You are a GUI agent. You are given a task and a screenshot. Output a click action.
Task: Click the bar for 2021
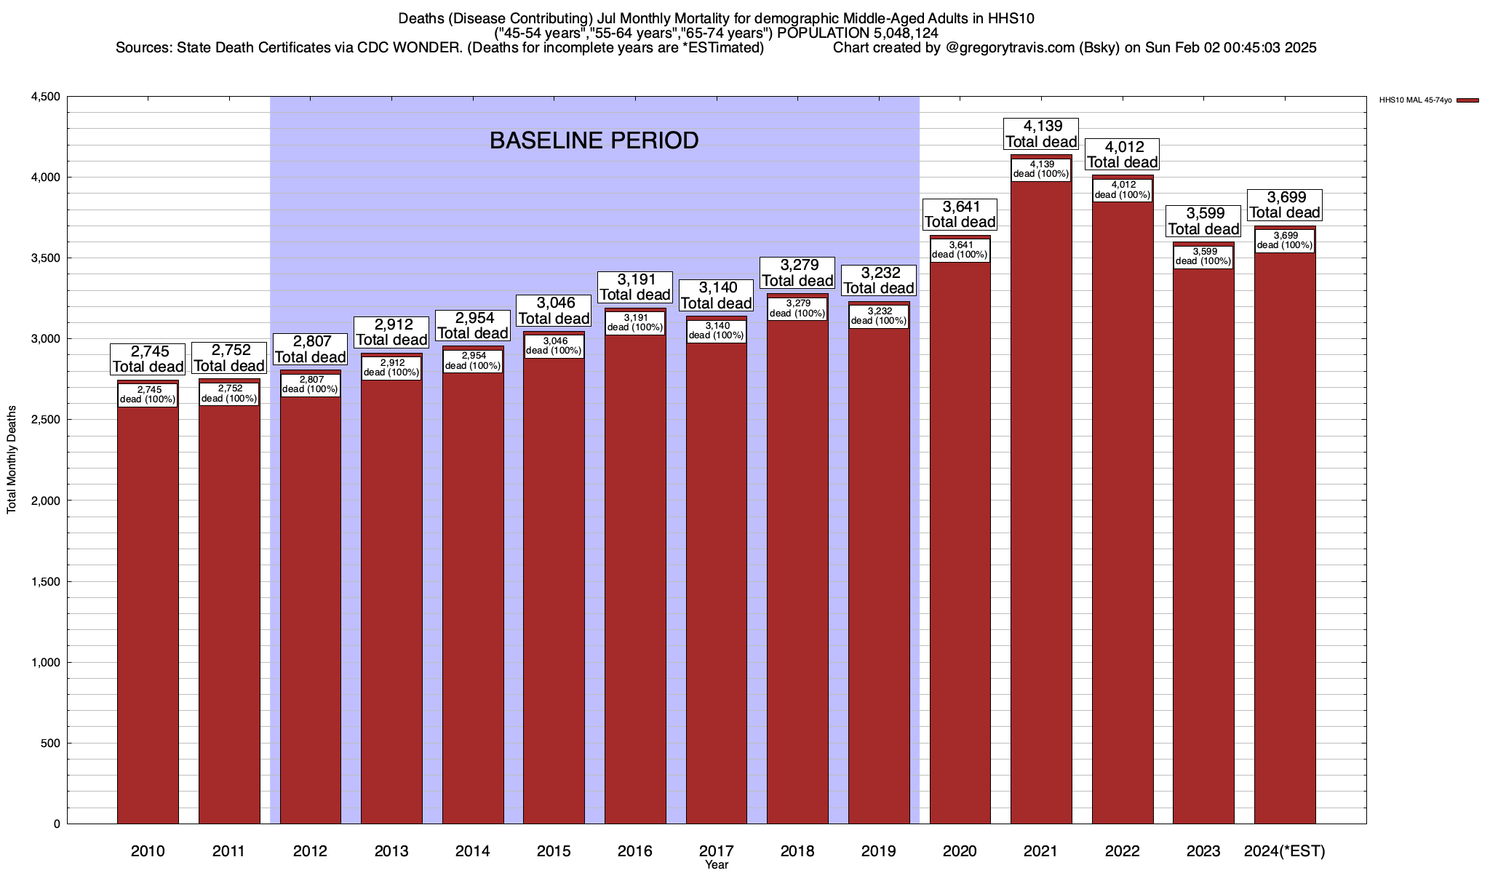(1041, 509)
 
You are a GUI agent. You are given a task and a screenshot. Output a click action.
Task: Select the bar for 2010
(148, 618)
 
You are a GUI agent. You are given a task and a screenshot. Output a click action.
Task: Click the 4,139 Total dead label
(1041, 135)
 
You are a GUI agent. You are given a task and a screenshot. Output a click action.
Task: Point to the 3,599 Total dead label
(1204, 221)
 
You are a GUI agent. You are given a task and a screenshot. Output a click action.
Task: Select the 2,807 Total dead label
(310, 349)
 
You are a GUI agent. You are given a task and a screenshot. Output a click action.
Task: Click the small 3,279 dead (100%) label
(797, 308)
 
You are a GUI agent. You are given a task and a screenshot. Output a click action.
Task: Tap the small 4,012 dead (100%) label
(1123, 190)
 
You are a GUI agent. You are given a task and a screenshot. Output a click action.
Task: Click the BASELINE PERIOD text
(594, 140)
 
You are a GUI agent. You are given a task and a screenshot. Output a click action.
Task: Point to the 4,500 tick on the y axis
(45, 97)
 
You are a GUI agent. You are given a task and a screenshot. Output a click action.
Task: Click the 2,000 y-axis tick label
(45, 501)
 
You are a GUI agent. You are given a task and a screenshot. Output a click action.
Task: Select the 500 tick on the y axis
(51, 744)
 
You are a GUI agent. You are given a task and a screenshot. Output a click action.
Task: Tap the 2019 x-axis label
(879, 851)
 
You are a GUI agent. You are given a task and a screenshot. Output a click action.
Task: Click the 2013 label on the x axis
(391, 851)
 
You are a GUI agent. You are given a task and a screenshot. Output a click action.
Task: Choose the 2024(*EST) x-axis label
(1285, 851)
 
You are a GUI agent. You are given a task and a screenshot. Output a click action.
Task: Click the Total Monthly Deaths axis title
(12, 460)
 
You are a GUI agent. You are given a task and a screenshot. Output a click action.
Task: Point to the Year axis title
(717, 865)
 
